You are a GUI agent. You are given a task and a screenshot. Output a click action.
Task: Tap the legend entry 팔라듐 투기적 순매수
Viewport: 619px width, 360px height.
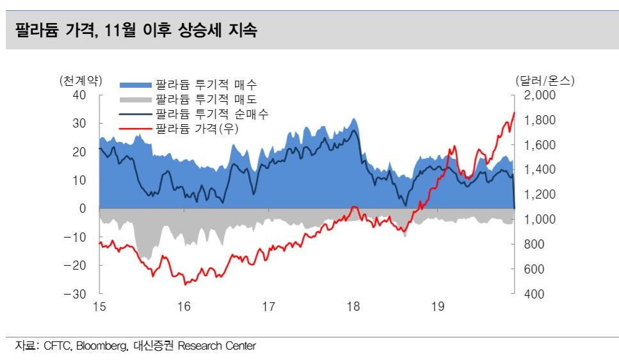click(x=211, y=114)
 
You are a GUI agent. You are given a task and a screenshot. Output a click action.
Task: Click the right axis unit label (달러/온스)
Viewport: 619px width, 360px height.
click(x=545, y=81)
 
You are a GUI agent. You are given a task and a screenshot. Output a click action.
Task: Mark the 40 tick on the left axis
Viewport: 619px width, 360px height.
click(x=80, y=95)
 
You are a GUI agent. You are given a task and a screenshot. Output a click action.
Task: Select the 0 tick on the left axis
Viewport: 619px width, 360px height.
click(x=83, y=209)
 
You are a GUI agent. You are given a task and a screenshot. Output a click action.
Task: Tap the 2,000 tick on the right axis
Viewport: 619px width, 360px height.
click(x=542, y=95)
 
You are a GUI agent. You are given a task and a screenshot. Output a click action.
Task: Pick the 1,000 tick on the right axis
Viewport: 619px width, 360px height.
click(x=542, y=220)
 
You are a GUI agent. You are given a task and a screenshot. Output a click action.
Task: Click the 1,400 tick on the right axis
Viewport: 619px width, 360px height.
click(x=542, y=170)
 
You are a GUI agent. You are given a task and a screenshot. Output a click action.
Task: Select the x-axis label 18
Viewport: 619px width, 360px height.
click(x=353, y=307)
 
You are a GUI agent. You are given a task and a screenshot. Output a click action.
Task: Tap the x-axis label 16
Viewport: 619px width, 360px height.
click(x=184, y=307)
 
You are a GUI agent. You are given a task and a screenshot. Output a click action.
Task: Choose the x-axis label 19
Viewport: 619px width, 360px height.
click(x=437, y=307)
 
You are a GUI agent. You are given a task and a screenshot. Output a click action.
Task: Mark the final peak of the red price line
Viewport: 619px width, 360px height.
click(x=514, y=113)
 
